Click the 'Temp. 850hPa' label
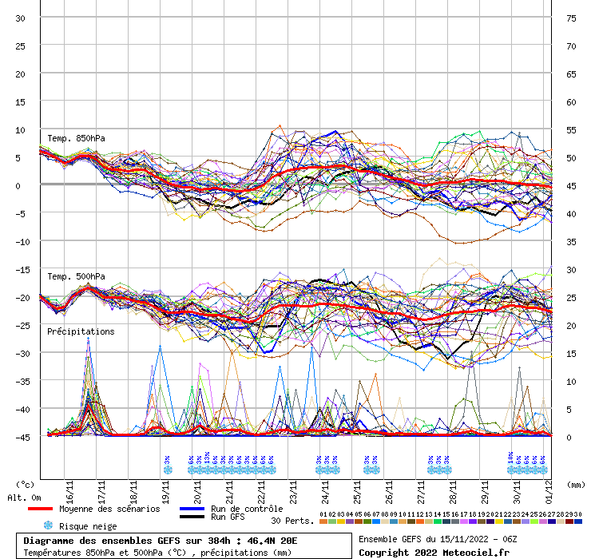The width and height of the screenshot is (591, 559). [x=76, y=138]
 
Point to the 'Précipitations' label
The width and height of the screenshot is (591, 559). [x=80, y=331]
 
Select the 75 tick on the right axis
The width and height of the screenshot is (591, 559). [x=571, y=18]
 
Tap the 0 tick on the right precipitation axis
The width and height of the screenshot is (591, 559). [x=569, y=437]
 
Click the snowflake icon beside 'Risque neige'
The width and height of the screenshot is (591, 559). [x=48, y=526]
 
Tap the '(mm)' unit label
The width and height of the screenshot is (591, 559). [x=576, y=484]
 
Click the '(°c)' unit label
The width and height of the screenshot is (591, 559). [x=26, y=484]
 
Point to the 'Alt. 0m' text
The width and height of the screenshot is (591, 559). [x=24, y=498]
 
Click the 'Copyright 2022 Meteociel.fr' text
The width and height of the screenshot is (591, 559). [x=434, y=553]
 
